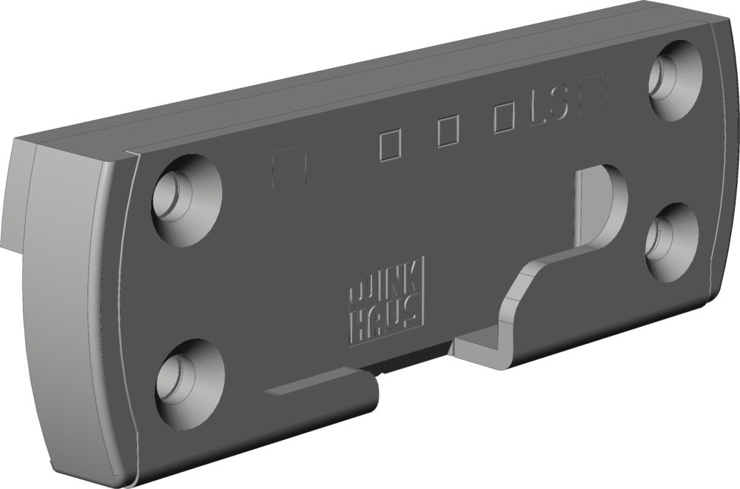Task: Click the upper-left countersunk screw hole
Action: pyautogui.click(x=187, y=200)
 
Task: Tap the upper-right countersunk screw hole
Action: pyautogui.click(x=676, y=80)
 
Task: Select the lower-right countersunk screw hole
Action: pyautogui.click(x=672, y=242)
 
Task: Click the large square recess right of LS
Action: pyautogui.click(x=594, y=95)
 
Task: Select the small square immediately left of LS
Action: pyautogui.click(x=504, y=118)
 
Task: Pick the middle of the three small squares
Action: pyautogui.click(x=448, y=131)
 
